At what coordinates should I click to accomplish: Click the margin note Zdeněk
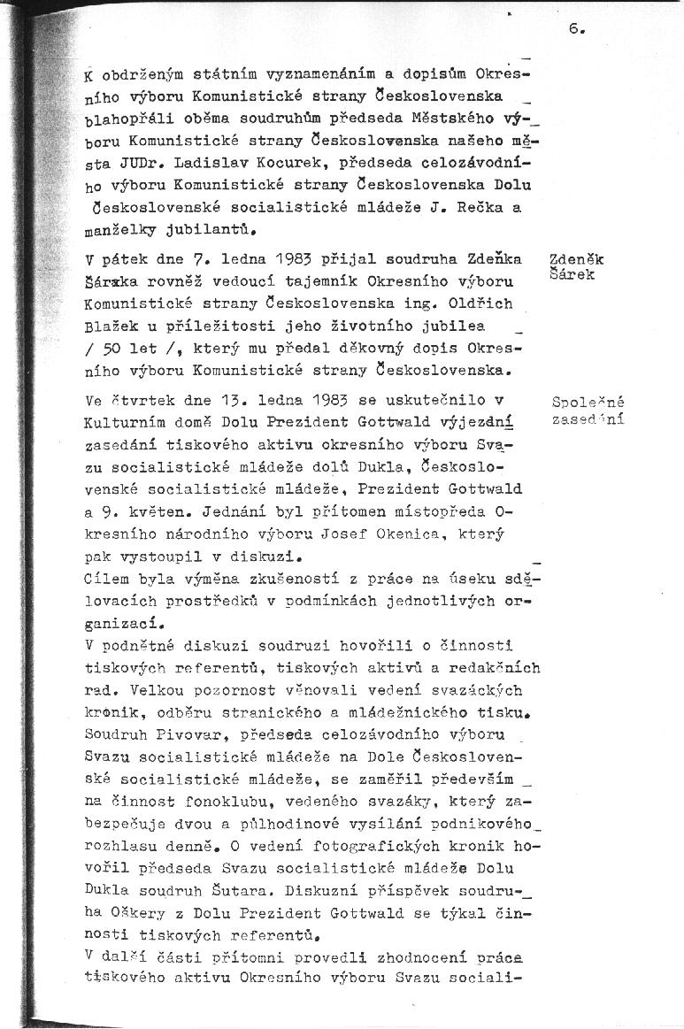click(576, 260)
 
